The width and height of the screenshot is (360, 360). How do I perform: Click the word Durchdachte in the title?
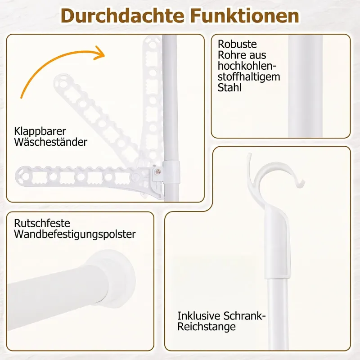tap(122, 16)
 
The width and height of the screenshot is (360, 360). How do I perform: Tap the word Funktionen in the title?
tap(245, 16)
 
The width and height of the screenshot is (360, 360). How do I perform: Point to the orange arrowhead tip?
tap(104, 55)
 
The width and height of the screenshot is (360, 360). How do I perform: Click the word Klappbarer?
tap(40, 131)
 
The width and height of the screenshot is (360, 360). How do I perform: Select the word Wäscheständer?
tap(50, 142)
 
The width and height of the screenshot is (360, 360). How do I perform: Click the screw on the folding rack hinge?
tap(157, 171)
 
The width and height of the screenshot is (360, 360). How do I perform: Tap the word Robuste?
tap(237, 44)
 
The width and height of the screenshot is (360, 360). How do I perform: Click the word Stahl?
tap(229, 87)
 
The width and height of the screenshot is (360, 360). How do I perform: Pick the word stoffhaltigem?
tap(249, 76)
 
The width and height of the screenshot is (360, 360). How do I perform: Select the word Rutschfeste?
tap(42, 223)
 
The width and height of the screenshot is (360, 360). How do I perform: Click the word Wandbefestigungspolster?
tap(75, 234)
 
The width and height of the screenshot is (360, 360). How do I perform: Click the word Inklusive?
tap(199, 316)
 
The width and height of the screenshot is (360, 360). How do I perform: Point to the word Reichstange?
tap(207, 327)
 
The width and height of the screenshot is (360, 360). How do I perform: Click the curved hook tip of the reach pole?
tap(301, 184)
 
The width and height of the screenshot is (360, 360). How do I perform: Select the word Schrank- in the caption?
tap(244, 316)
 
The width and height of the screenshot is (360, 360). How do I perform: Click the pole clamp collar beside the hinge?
tap(171, 172)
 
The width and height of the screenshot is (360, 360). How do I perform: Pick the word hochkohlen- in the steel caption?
tap(247, 66)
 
